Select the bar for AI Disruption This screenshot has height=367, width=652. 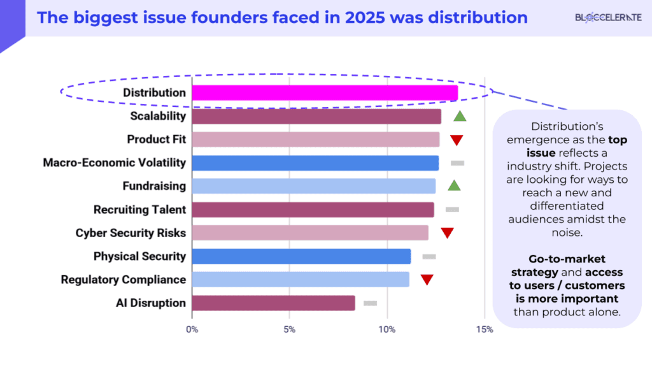pos(273,303)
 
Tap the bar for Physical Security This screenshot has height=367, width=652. pos(301,256)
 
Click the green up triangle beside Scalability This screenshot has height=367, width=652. pos(460,116)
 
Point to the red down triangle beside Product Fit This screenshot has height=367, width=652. pos(457,140)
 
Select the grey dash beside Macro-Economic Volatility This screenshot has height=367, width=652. pos(457,163)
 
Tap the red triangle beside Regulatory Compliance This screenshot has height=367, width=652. pos(427,280)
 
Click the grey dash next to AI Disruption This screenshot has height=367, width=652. pos(370,303)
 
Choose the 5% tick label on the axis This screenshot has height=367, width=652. pos(289,329)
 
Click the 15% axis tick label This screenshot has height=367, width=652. pos(484,329)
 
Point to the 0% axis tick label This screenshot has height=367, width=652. pos(192,329)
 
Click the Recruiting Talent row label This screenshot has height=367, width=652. pos(139,210)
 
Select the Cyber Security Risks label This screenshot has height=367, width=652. pos(131,233)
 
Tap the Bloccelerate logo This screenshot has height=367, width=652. pos(608,18)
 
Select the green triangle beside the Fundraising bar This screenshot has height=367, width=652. pos(453,185)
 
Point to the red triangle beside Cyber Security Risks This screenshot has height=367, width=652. pos(447,233)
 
